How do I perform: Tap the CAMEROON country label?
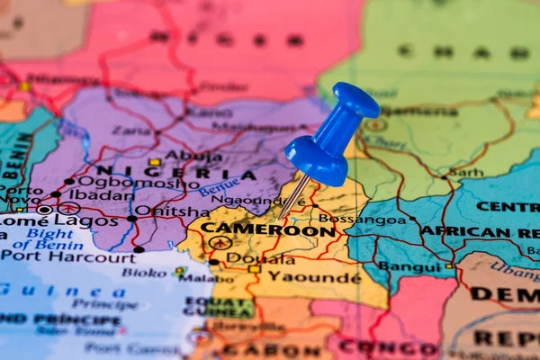pyautogui.click(x=267, y=229)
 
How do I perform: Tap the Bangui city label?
pyautogui.click(x=409, y=266)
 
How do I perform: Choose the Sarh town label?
pyautogui.click(x=465, y=172)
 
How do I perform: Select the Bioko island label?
pyautogui.click(x=144, y=272)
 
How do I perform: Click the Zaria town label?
pyautogui.click(x=131, y=130)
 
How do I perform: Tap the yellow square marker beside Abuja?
pyautogui.click(x=155, y=162)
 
